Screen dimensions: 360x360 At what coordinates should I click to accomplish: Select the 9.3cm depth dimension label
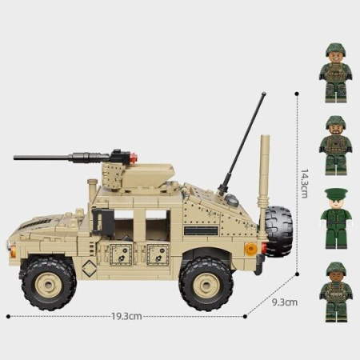tap(285, 302)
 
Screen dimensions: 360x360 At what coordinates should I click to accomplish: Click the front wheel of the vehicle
tap(48, 281)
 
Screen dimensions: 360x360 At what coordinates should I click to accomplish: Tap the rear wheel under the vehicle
tap(206, 282)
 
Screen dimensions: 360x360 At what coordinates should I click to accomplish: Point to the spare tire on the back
tap(278, 230)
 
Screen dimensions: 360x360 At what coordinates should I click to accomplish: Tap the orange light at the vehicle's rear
tap(250, 249)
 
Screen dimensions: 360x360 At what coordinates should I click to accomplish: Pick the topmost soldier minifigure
tap(338, 73)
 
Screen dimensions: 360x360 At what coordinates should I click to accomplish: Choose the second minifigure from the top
tap(337, 146)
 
